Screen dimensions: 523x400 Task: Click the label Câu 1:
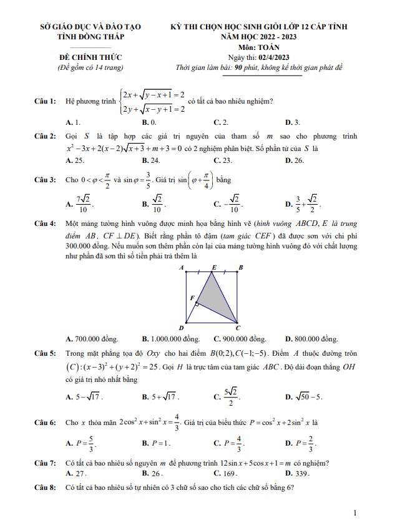point(46,101)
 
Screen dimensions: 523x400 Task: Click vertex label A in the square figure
point(181,268)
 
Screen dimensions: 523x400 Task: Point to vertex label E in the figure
point(213,267)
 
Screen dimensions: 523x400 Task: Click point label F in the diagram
point(192,298)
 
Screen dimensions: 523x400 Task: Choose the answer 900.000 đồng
point(240,340)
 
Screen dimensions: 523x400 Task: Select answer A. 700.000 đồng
point(92,340)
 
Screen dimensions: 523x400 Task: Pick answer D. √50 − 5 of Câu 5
point(304,396)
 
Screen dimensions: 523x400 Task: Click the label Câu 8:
point(46,488)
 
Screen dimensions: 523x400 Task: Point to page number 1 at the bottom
point(354,513)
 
